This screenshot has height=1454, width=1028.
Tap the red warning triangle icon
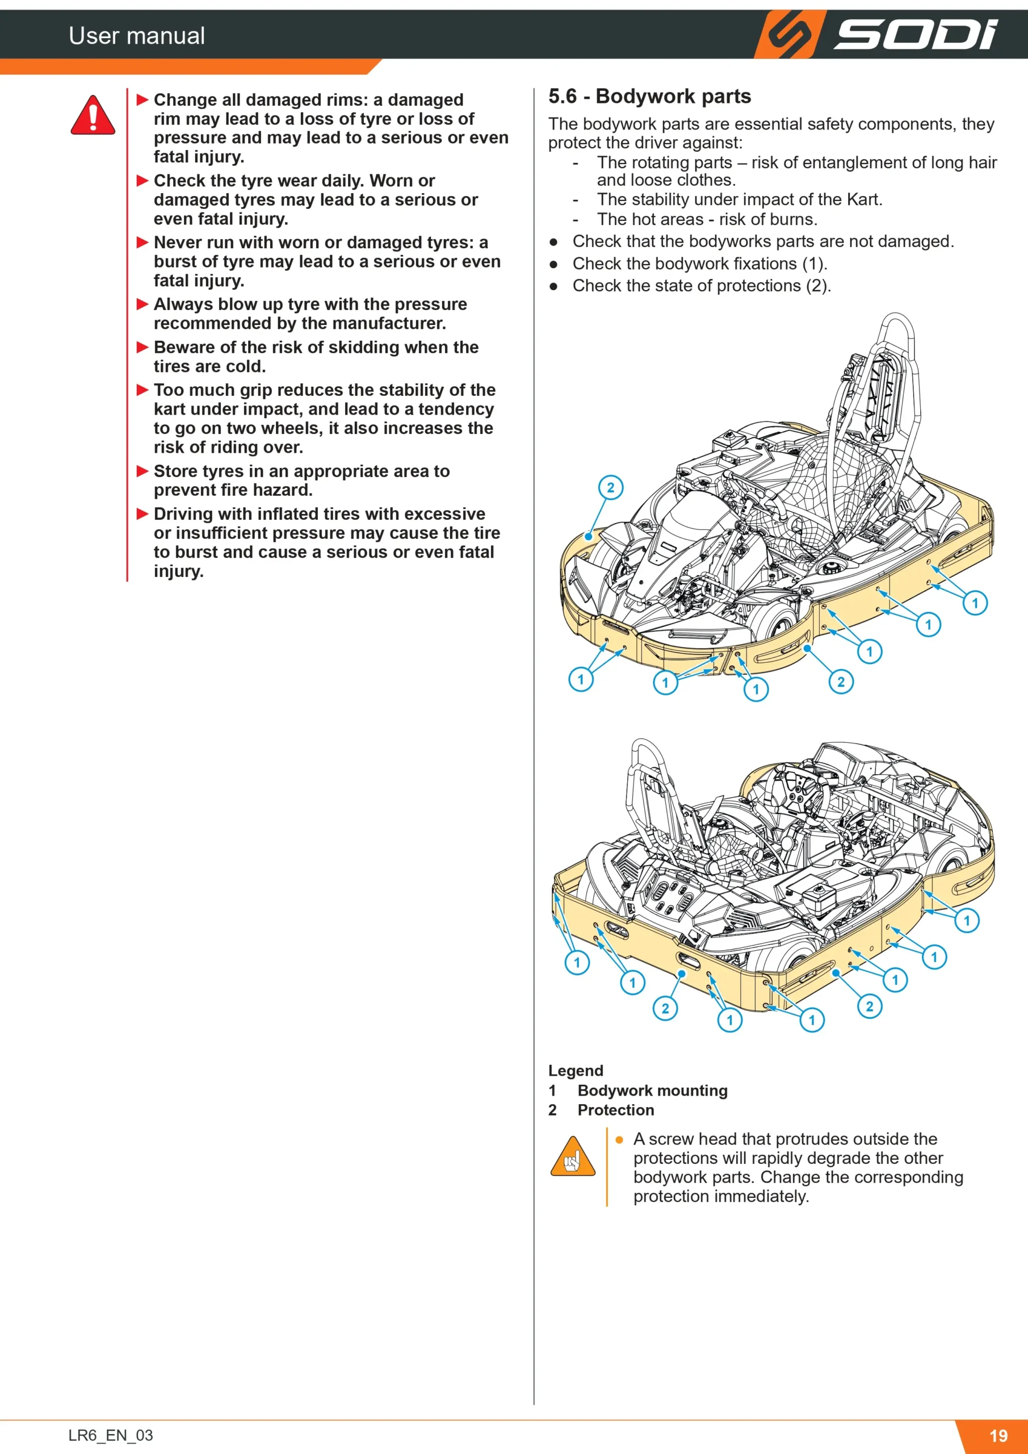point(93,115)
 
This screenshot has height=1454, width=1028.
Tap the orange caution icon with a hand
point(573,1156)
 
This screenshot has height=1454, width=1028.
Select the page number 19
point(998,1436)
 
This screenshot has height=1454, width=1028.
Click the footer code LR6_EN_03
point(111,1435)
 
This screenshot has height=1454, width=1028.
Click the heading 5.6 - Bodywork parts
point(649,96)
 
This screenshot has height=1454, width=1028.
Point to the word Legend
point(576,1070)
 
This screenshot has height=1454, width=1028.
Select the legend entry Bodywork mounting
point(653,1090)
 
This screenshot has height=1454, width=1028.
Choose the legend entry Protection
point(615,1110)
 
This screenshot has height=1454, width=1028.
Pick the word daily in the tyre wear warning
point(342,181)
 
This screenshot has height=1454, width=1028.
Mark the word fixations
point(767,264)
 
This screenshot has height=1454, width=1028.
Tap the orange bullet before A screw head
point(619,1140)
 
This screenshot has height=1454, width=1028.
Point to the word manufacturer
point(389,324)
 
